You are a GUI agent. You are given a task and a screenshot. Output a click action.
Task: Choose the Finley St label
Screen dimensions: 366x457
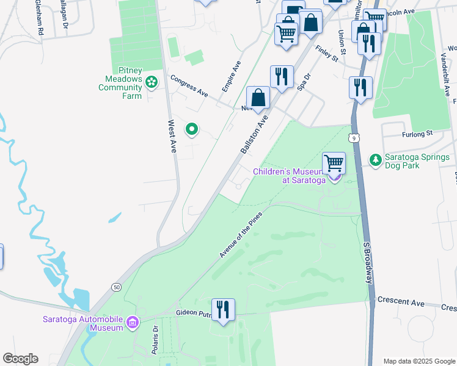click(x=327, y=53)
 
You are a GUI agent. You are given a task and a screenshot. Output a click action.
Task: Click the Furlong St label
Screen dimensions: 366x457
click(x=417, y=133)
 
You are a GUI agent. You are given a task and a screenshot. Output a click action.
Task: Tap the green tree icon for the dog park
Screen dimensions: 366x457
click(x=375, y=160)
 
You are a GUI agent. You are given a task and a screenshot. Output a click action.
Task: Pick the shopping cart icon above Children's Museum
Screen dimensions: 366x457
click(x=334, y=163)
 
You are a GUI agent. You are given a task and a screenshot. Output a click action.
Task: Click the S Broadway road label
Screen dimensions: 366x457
click(x=368, y=263)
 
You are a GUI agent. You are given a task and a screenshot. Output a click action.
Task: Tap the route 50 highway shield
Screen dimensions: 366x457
click(x=116, y=286)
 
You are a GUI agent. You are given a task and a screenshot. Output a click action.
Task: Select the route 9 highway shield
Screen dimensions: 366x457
click(x=354, y=138)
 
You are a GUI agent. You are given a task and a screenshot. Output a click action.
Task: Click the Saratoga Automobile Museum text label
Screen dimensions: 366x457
click(x=83, y=323)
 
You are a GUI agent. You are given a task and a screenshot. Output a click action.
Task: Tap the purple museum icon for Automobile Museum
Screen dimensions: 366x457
click(x=132, y=323)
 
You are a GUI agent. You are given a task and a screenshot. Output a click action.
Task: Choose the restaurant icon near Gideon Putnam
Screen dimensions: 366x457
click(x=222, y=309)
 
